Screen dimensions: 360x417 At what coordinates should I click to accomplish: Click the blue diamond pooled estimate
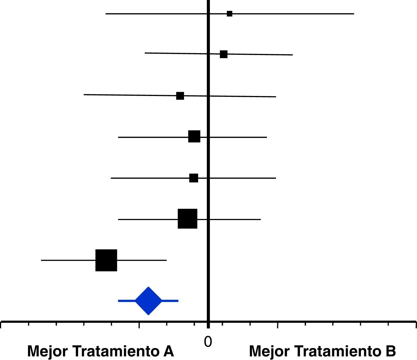coord(148,301)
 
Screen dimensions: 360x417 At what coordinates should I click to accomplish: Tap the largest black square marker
coord(106,260)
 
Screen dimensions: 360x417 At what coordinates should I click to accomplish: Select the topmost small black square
coord(229,14)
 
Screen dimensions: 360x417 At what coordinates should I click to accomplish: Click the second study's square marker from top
coord(224,54)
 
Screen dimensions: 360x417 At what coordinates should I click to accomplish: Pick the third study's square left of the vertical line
coord(180,96)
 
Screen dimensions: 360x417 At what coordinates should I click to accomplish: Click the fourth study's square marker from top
coord(194,136)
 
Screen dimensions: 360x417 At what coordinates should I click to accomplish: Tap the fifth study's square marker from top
coord(194,178)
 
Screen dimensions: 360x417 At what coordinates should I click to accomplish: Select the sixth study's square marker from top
coord(187,219)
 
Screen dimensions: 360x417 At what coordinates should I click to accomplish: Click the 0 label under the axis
coord(208,342)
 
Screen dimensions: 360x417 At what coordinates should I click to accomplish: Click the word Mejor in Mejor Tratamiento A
coord(47,351)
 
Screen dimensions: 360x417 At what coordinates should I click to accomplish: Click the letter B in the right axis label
coord(390,351)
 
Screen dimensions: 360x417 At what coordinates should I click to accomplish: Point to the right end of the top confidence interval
coord(354,14)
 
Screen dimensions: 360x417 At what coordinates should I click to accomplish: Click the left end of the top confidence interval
coord(106,14)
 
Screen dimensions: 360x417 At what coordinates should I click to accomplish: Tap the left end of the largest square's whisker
coord(41,260)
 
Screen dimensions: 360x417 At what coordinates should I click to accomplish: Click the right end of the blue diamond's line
coord(178,301)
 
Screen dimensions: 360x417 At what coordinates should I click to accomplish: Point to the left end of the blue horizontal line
coord(119,301)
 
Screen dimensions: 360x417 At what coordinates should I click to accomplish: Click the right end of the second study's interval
coord(292,55)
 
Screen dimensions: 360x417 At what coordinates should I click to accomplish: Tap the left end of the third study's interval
coord(84,95)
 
